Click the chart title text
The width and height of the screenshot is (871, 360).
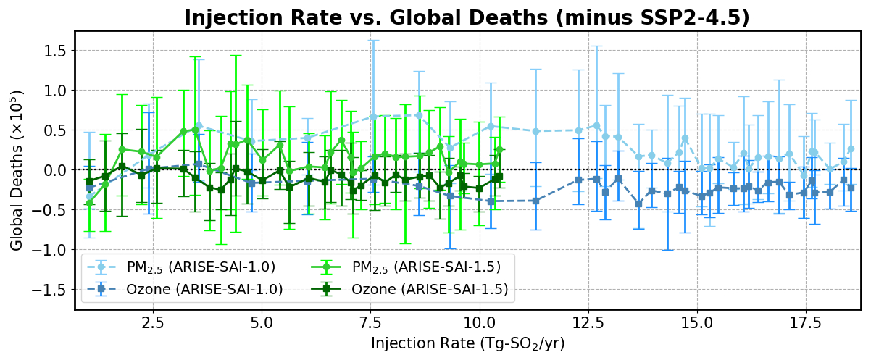click(467, 17)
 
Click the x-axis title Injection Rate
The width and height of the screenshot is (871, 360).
click(467, 343)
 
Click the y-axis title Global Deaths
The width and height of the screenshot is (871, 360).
click(17, 170)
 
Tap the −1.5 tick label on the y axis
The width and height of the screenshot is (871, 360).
click(49, 290)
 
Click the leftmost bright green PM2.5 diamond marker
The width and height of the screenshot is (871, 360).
click(89, 204)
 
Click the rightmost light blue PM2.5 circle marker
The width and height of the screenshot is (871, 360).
click(851, 149)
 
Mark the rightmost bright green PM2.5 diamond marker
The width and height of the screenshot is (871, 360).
click(499, 150)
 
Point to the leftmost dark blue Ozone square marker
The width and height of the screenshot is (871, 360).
click(89, 188)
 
